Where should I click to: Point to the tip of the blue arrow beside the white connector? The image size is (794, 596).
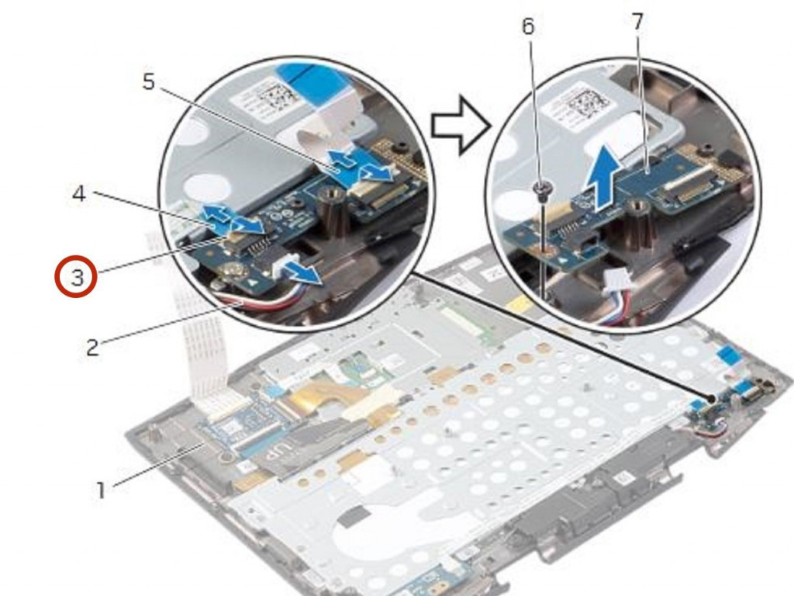pos(321,276)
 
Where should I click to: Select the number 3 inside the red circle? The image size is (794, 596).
pos(77,277)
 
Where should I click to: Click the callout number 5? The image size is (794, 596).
pos(148,81)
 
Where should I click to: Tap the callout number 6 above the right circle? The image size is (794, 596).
pos(528,26)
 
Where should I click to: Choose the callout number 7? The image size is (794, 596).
pos(637,21)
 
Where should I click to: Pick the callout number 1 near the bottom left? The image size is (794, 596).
pos(102,490)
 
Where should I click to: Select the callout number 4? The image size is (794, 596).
pos(78,193)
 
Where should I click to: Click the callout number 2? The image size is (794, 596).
pos(92,348)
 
